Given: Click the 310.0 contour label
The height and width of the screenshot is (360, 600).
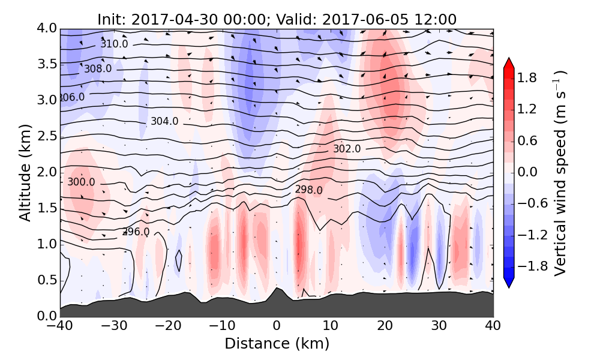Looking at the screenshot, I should point(114,44).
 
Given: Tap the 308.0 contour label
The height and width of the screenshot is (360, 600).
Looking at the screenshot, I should point(97,69).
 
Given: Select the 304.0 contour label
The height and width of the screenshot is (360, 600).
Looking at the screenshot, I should point(164,121).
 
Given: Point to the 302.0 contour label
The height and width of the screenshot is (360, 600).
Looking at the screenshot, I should point(347,149).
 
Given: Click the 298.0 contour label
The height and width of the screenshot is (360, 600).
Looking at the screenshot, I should point(308,190).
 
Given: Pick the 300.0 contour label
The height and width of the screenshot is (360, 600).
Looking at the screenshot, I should point(81,182).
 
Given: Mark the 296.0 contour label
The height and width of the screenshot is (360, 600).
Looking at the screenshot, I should point(136,232).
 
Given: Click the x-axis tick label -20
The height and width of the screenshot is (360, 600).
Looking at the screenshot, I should point(168,326).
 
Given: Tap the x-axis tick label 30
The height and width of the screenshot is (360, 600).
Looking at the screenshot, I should point(439,326).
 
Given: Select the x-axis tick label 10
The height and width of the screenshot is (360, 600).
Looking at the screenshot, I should point(331,326).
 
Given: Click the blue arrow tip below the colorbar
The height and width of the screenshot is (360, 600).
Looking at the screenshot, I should point(509,284).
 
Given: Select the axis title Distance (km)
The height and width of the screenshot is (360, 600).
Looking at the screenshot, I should point(277,344).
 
